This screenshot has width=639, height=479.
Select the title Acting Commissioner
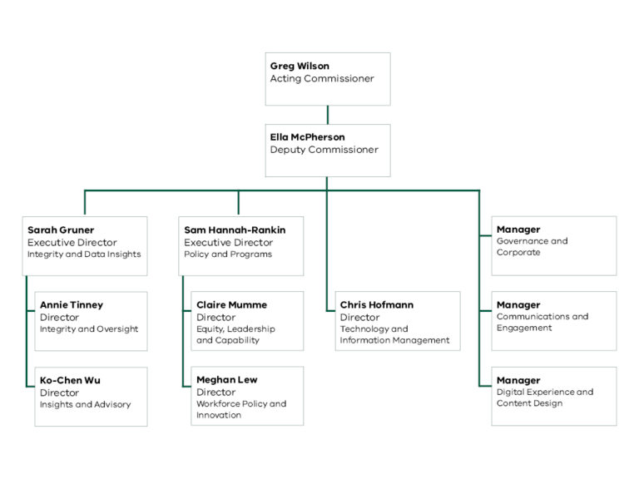pyautogui.click(x=322, y=79)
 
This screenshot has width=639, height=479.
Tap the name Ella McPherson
pyautogui.click(x=307, y=137)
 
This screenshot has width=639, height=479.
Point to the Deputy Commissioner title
pyautogui.click(x=324, y=151)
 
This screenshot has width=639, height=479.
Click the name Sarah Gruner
pyautogui.click(x=61, y=230)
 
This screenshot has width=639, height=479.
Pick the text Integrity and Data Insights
pyautogui.click(x=84, y=254)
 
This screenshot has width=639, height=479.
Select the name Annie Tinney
pyautogui.click(x=72, y=305)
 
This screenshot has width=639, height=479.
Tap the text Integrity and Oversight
pyautogui.click(x=89, y=329)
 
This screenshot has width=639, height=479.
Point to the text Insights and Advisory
pyautogui.click(x=86, y=405)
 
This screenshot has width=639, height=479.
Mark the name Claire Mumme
pyautogui.click(x=232, y=305)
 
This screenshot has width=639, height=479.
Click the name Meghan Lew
pyautogui.click(x=227, y=380)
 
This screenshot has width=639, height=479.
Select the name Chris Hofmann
pyautogui.click(x=377, y=305)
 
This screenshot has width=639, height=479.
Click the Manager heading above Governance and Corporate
pyautogui.click(x=518, y=230)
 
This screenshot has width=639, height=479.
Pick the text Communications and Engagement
pyautogui.click(x=542, y=323)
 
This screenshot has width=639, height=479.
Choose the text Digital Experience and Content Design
pyautogui.click(x=545, y=398)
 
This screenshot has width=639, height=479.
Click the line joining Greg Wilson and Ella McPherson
pyautogui.click(x=328, y=115)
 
